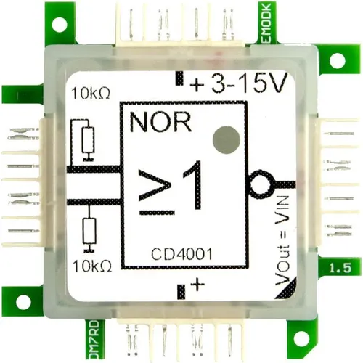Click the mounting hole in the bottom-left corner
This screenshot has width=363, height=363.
click(x=24, y=301)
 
